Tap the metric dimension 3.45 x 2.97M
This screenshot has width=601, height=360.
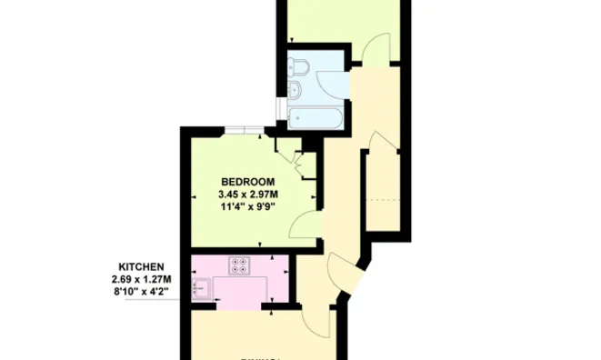(247, 194)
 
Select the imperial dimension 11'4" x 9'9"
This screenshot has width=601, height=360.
(247, 206)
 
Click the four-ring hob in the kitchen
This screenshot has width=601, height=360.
(240, 265)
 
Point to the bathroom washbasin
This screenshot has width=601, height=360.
(297, 89)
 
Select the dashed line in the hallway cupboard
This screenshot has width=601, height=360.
(383, 198)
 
